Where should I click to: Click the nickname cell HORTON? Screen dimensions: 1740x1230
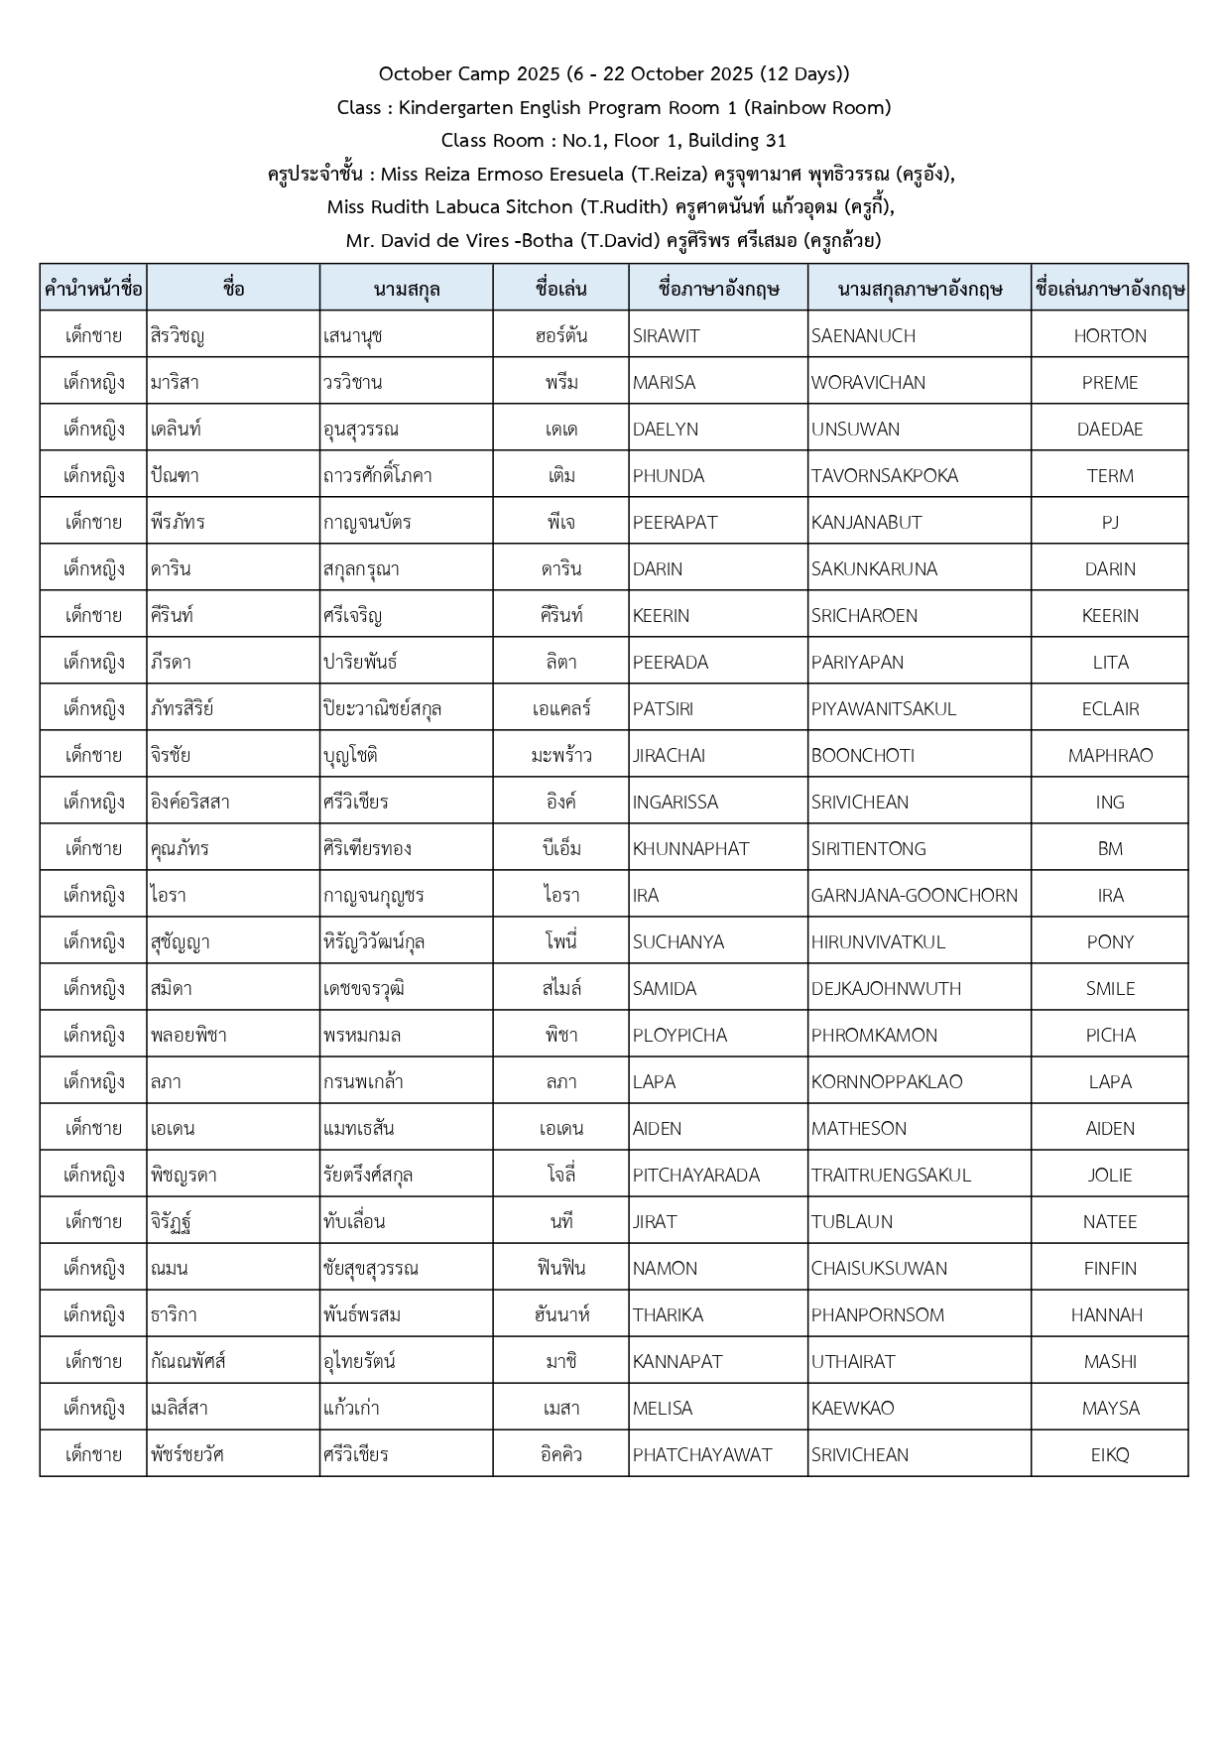1109,335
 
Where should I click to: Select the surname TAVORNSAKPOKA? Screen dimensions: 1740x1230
884,475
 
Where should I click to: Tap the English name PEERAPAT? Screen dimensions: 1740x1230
675,522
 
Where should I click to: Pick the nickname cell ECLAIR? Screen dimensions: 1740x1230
1109,708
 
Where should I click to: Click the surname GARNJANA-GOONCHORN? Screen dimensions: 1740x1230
914,895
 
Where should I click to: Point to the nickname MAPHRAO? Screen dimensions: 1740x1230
1109,755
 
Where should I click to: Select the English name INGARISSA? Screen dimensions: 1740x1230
675,802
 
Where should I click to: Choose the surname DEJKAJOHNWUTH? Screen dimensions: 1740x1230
886,988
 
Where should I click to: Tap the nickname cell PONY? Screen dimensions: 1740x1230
1109,941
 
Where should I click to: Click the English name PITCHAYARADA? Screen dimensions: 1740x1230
695,1175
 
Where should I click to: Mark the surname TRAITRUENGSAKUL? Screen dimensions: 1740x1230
891,1175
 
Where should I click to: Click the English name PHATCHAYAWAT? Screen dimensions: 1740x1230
701,1454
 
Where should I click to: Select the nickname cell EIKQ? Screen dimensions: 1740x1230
1109,1454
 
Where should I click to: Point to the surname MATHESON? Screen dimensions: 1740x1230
858,1128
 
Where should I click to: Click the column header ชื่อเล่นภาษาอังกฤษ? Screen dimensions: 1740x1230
1109,289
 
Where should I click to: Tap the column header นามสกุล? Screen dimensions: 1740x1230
406,289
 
